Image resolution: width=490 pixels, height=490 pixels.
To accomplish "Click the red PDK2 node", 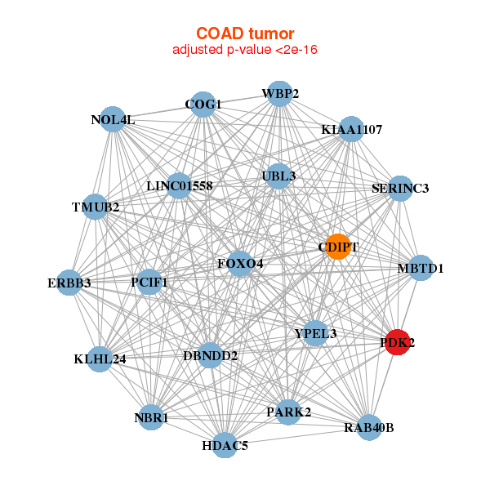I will tap(396, 343).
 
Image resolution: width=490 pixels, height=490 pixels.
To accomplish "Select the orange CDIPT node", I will tap(338, 247).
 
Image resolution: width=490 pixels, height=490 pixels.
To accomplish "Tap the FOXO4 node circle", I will tap(239, 264).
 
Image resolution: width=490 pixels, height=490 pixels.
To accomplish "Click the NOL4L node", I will tap(113, 120).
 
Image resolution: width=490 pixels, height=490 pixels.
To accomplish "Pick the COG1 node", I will tap(203, 105).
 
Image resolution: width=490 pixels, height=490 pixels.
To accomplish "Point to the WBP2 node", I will tap(279, 94).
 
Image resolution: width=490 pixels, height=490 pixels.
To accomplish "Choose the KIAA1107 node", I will tap(351, 130).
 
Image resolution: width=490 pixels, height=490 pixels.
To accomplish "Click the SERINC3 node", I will tap(400, 189).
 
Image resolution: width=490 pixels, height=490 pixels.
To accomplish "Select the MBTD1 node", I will tap(420, 268).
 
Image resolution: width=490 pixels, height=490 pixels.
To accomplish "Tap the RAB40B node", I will tap(369, 427).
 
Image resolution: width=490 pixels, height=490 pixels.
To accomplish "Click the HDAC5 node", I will tap(225, 445).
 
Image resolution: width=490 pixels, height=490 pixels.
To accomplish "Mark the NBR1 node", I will tap(151, 418).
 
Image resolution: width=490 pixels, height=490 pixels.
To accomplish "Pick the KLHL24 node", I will tap(100, 359).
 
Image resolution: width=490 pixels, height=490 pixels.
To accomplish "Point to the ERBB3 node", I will tap(70, 283).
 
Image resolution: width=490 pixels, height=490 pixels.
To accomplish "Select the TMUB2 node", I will tap(96, 207).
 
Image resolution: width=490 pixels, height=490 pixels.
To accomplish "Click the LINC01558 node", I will tap(180, 186).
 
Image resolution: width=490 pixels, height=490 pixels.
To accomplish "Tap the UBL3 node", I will tap(279, 176).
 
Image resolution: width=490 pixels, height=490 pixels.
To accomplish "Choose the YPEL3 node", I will tap(315, 333).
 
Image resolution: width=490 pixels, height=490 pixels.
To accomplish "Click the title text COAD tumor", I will tap(245, 33).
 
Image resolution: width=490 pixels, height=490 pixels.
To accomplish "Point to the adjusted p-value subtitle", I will tap(245, 50).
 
